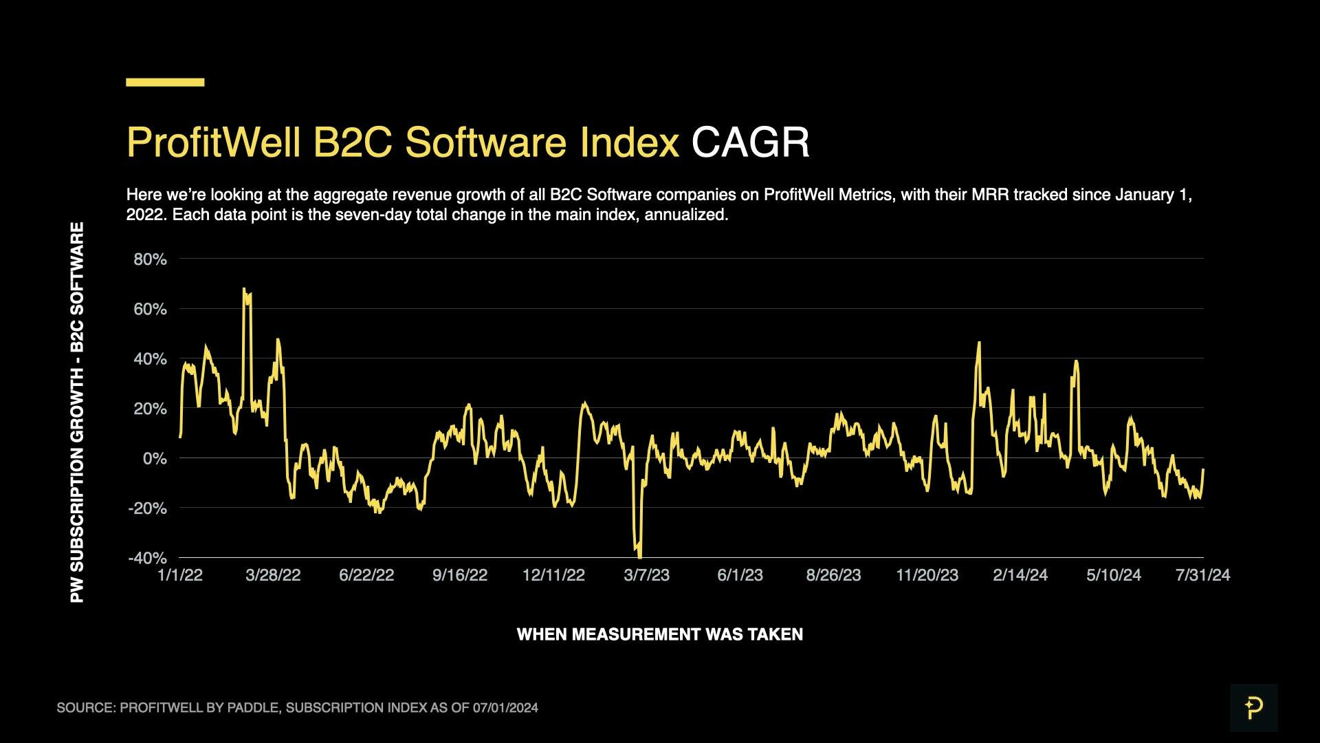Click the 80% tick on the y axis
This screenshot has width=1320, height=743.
point(150,259)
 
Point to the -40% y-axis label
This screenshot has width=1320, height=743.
point(147,558)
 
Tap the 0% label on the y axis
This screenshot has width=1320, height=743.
point(155,458)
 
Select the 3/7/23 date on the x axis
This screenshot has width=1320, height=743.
point(646,575)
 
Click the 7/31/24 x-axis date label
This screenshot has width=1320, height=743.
point(1202,575)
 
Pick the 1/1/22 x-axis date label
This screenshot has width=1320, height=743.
point(180,575)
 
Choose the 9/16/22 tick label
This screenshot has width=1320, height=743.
point(459,575)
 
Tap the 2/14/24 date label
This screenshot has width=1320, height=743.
point(1020,575)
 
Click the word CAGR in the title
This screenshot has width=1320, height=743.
point(750,142)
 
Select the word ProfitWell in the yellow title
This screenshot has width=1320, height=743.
point(213,142)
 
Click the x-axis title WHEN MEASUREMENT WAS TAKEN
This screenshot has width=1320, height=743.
point(659,634)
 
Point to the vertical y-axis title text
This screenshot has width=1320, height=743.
point(77,413)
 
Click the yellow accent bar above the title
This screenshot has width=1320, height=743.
point(165,82)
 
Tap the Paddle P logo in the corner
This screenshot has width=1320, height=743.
point(1253,707)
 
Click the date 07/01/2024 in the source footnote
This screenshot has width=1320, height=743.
point(505,708)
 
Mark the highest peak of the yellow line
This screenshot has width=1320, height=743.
point(244,289)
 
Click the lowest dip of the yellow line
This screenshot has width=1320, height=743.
point(639,556)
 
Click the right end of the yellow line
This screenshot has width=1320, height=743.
point(1203,469)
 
